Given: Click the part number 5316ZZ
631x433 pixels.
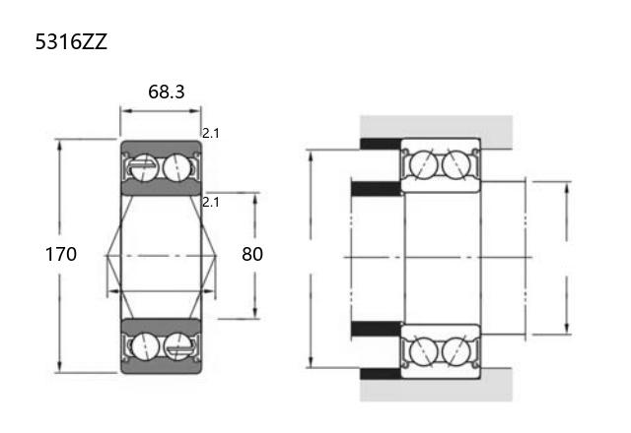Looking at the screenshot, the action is [x=71, y=41].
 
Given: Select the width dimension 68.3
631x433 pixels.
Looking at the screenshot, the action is [x=167, y=92].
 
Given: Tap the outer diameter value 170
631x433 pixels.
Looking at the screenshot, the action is [x=61, y=254].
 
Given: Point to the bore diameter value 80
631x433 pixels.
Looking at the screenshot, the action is [x=252, y=254].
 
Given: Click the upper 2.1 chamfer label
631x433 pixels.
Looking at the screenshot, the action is [x=210, y=134].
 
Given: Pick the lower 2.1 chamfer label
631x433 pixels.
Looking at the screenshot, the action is [x=210, y=203].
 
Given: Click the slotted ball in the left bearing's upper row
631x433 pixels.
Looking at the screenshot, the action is [x=145, y=168].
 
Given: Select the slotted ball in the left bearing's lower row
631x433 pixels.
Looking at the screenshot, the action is [x=178, y=346].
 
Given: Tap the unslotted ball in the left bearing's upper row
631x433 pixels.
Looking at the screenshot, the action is [x=177, y=167].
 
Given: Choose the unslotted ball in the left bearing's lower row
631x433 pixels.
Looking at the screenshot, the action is [x=145, y=346].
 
